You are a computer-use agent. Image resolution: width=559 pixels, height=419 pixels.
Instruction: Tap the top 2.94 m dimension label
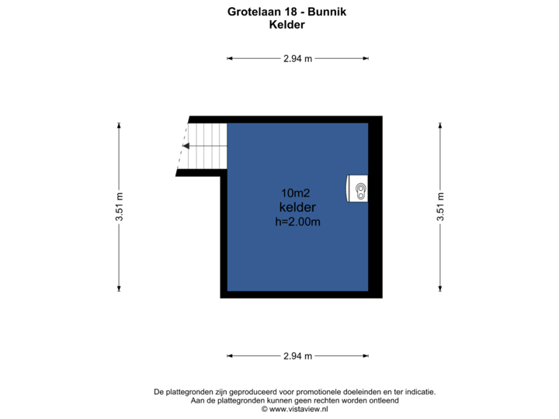click(x=297, y=58)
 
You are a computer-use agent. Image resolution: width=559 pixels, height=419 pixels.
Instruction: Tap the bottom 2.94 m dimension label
click(x=297, y=356)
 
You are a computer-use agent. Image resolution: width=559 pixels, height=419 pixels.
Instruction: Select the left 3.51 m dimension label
click(x=119, y=207)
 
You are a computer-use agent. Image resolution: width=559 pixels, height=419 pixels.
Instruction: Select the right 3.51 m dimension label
click(x=440, y=207)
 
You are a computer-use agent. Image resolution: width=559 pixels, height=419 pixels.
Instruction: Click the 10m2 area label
click(x=296, y=193)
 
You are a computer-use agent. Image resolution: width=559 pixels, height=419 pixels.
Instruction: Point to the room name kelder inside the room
click(x=297, y=207)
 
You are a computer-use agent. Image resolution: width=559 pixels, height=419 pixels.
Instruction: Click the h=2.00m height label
click(x=298, y=222)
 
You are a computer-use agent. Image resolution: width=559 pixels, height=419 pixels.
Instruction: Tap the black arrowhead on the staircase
click(x=187, y=144)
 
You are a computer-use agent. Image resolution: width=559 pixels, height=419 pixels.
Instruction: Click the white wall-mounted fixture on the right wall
click(x=359, y=188)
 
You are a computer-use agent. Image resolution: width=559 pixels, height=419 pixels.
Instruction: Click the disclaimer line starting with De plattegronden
click(x=295, y=392)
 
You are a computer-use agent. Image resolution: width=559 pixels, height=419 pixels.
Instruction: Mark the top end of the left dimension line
click(x=119, y=124)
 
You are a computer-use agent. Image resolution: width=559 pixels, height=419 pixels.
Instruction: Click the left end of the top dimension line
click(x=227, y=58)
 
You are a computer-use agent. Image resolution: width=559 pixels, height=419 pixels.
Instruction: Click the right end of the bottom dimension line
click(x=368, y=356)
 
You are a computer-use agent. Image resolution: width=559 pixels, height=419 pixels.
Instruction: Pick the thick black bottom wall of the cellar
click(x=303, y=295)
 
